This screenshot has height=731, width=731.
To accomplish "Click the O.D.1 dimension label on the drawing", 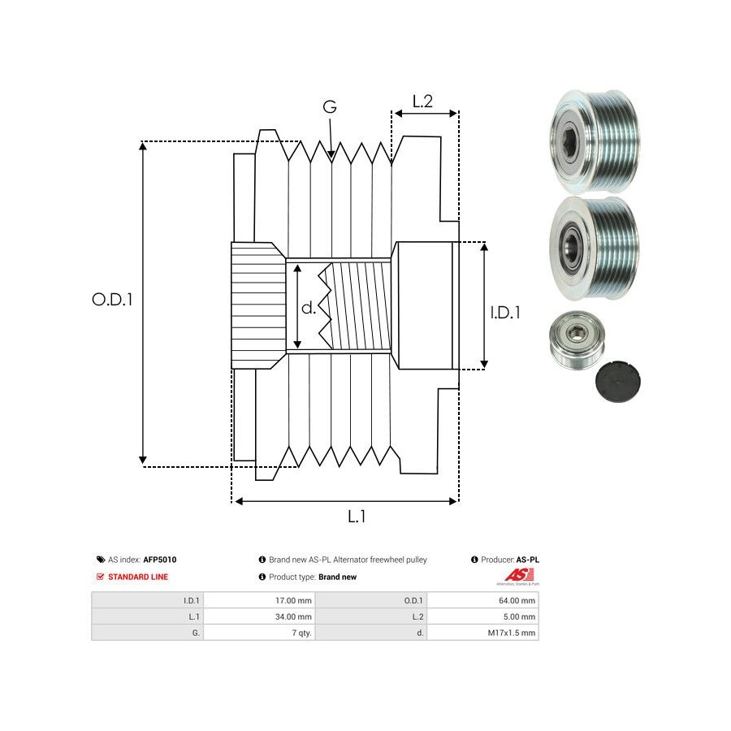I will [112, 299].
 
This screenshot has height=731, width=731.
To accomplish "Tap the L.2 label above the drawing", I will [422, 102].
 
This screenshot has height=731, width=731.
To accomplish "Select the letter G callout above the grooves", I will [329, 107].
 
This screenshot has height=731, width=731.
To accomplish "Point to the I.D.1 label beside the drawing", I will [505, 311].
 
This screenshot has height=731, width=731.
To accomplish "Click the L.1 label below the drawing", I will [357, 517].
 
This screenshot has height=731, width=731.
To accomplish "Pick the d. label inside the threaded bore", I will [309, 309].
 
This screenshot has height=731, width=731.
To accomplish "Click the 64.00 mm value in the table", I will [518, 600].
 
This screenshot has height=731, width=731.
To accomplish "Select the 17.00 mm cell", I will [294, 600].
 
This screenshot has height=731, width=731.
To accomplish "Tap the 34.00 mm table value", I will [294, 616].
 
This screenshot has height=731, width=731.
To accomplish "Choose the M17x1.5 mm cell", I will [512, 633].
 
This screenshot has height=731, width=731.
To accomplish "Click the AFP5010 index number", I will [160, 560].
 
